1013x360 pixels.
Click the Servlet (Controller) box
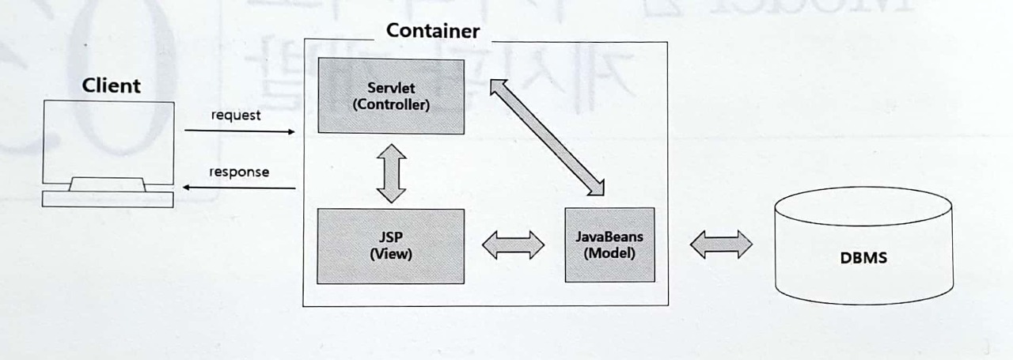click(x=390, y=95)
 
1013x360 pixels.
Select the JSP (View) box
click(x=390, y=245)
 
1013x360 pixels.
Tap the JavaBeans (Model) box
click(x=609, y=244)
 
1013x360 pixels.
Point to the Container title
click(x=432, y=31)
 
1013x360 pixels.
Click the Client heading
click(x=111, y=85)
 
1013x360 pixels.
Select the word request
click(x=236, y=116)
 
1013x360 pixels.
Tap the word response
click(x=238, y=172)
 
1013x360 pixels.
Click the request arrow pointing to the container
click(x=239, y=131)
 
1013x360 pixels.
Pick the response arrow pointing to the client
click(x=239, y=188)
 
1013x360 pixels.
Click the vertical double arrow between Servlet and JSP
click(x=391, y=172)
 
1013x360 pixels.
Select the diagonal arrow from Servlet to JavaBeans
click(x=547, y=136)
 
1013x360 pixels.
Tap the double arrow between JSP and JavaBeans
click(x=514, y=245)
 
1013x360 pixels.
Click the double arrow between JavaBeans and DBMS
click(x=720, y=244)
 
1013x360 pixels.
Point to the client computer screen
click(x=108, y=138)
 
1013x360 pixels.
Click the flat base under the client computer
click(x=108, y=199)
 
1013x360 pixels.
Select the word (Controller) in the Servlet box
click(x=390, y=104)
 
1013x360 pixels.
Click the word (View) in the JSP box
click(x=390, y=255)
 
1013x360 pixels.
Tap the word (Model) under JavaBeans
click(x=609, y=253)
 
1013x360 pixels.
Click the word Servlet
click(x=390, y=87)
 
